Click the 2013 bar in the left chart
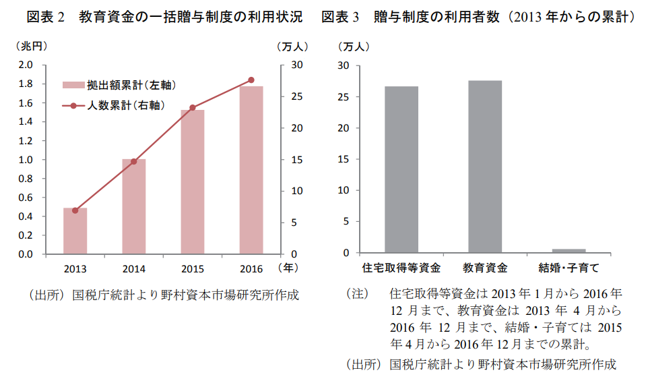pyautogui.click(x=75, y=231)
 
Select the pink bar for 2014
pyautogui.click(x=133, y=207)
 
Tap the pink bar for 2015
pyautogui.click(x=192, y=182)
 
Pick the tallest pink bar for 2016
pyautogui.click(x=251, y=171)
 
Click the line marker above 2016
pyautogui.click(x=251, y=80)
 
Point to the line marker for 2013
pyautogui.click(x=75, y=210)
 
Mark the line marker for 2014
pyautogui.click(x=133, y=161)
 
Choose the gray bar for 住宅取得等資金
pyautogui.click(x=401, y=170)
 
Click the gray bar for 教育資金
pyautogui.click(x=485, y=167)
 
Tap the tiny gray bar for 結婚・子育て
pyautogui.click(x=569, y=251)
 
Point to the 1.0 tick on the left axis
pyautogui.click(x=26, y=160)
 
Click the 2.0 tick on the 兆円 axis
pyautogui.click(x=26, y=65)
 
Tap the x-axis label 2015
pyautogui.click(x=192, y=269)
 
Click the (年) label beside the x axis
pyautogui.click(x=288, y=268)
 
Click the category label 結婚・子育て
pyautogui.click(x=569, y=268)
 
